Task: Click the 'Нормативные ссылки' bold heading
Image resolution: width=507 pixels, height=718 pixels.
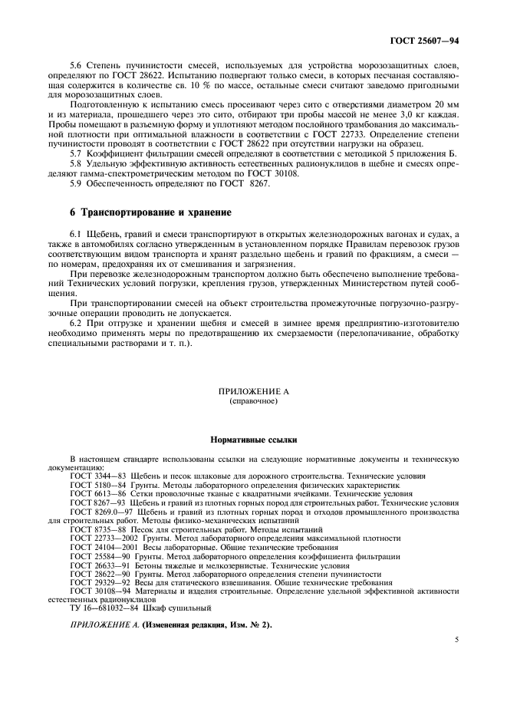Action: point(253,440)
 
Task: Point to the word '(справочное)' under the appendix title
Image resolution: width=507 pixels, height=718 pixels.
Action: point(253,401)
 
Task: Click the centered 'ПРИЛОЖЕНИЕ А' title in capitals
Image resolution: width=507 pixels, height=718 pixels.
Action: point(253,391)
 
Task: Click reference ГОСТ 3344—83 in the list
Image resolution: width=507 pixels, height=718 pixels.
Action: point(96,476)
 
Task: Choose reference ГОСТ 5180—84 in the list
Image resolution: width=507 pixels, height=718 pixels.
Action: point(96,486)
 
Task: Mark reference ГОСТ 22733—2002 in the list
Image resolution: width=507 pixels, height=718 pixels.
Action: point(100,538)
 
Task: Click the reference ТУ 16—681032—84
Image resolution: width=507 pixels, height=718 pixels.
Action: point(102,608)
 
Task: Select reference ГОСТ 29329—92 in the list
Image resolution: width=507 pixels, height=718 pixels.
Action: point(98,581)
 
